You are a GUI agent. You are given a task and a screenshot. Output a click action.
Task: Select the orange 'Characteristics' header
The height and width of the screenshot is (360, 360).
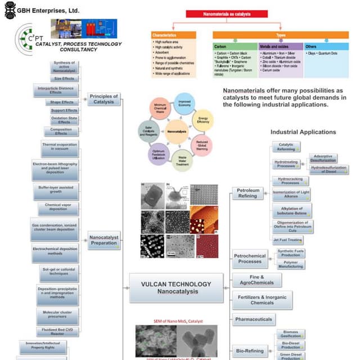(173, 35)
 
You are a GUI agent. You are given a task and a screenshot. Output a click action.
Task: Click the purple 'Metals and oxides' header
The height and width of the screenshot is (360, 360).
(280, 46)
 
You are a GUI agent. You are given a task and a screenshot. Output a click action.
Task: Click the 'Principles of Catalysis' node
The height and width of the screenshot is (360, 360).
(104, 100)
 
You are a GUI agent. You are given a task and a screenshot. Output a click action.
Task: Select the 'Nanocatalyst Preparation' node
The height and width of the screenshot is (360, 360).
(104, 241)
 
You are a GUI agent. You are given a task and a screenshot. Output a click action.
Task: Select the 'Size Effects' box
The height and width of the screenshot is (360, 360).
(63, 79)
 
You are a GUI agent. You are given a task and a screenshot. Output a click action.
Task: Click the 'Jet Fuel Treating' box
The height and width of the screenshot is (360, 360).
(288, 240)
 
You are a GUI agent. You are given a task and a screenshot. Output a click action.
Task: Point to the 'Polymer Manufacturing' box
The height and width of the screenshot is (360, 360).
(290, 264)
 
